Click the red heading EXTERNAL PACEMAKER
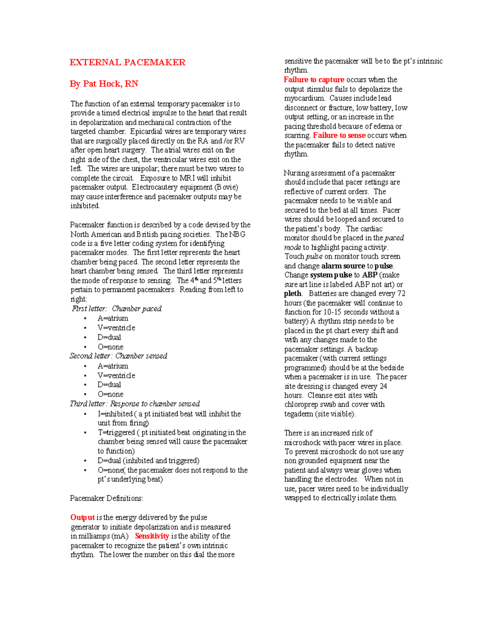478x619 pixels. [127, 62]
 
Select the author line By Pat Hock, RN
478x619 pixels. [104, 84]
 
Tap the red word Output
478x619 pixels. [82, 517]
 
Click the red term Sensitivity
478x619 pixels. [152, 536]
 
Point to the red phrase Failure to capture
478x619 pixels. [314, 80]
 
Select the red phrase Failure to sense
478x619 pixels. [339, 136]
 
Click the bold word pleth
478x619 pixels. [293, 294]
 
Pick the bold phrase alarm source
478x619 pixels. [343, 266]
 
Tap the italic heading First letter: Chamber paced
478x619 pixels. [117, 309]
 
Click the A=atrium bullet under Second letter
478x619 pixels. [113, 366]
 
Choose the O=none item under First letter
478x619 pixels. [110, 347]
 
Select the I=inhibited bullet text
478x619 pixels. [115, 414]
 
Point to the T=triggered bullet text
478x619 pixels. [116, 432]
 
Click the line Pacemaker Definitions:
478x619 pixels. [106, 498]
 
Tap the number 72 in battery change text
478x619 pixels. [401, 294]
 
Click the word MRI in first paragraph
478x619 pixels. [187, 178]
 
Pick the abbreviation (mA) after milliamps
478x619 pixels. [120, 536]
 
